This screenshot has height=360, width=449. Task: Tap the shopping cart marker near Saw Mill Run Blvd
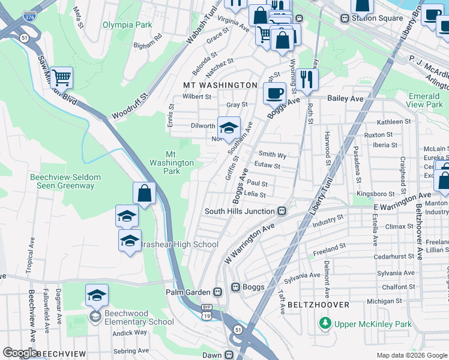pos(62,77)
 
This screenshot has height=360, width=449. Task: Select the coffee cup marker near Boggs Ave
pos(275,93)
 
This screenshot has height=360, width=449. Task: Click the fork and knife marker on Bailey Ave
pos(307,78)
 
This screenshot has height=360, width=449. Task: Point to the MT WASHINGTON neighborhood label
pos(220,86)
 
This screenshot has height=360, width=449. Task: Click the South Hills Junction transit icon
pos(281,211)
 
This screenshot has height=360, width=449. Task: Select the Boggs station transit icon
pos(236,287)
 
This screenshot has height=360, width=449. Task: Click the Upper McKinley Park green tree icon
pos(325,324)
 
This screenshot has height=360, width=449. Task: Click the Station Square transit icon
pos(345,18)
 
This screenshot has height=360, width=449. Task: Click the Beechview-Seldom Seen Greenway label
pos(62,181)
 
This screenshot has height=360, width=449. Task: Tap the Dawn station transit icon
pos(229,355)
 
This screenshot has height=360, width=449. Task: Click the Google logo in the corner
pos(20,353)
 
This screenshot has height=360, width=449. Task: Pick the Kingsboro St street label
pos(375,194)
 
